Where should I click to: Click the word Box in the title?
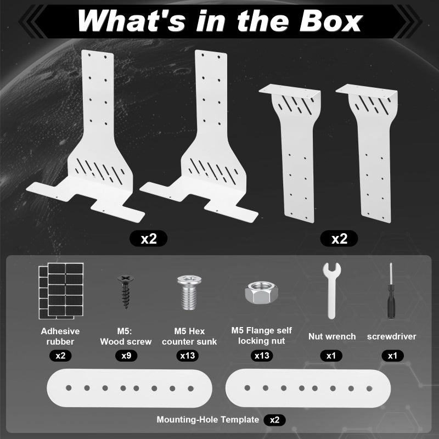point(330,21)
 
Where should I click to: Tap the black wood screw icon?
point(126,291)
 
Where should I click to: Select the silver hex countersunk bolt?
point(189,292)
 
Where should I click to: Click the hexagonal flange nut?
point(262,293)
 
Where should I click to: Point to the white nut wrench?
point(331,290)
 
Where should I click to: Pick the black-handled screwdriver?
point(391,291)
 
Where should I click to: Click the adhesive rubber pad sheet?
point(61,291)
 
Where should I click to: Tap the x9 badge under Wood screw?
point(126,356)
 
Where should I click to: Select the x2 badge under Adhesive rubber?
point(60,356)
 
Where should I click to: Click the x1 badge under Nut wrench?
point(331,356)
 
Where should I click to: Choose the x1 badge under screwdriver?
point(392,356)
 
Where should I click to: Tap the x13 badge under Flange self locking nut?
point(262,356)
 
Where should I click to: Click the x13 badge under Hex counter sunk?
point(188,356)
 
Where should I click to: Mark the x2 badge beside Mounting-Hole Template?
point(275,420)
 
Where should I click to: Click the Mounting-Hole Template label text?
point(208,420)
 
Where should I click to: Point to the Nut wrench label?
point(332,336)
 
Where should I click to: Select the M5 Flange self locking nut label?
point(262,336)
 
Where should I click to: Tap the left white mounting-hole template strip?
point(130,388)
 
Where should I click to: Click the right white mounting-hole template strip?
point(308,388)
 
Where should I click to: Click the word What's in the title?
point(131,21)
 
